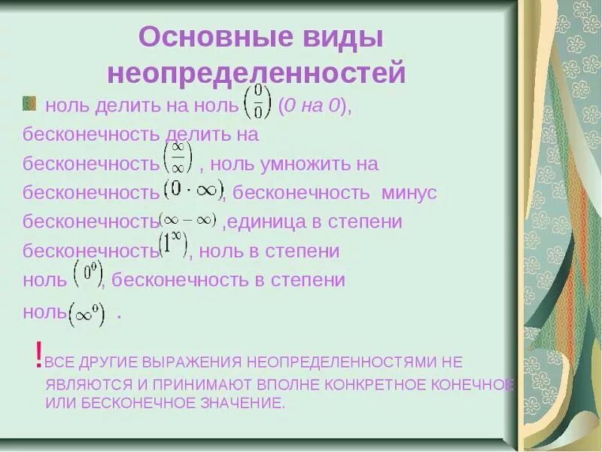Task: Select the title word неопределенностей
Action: tap(257, 74)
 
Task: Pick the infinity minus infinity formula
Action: tap(189, 219)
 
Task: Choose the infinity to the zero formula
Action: tap(87, 313)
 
